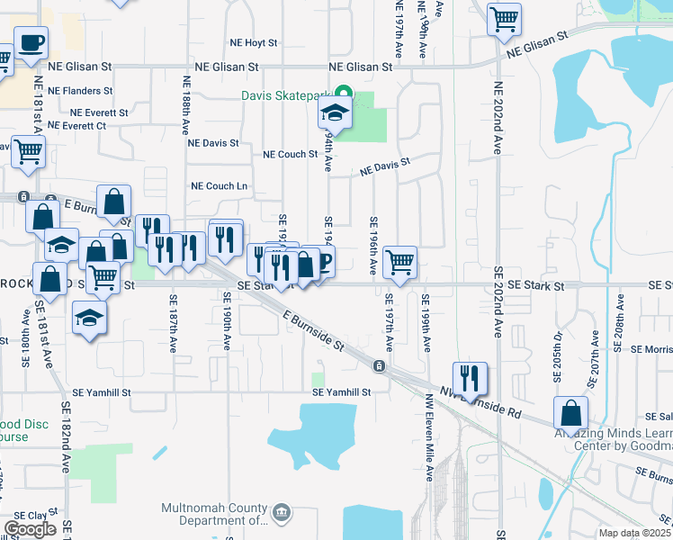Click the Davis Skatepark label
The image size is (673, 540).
(285, 94)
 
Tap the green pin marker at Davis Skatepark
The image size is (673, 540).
(343, 93)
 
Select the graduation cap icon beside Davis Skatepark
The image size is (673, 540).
(334, 113)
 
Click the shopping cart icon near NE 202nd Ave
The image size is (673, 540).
(505, 18)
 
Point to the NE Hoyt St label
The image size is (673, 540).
(255, 42)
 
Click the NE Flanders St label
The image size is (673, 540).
(80, 91)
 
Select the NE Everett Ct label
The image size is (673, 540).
(76, 126)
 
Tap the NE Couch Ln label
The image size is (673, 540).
(219, 186)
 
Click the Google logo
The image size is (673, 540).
(30, 529)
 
